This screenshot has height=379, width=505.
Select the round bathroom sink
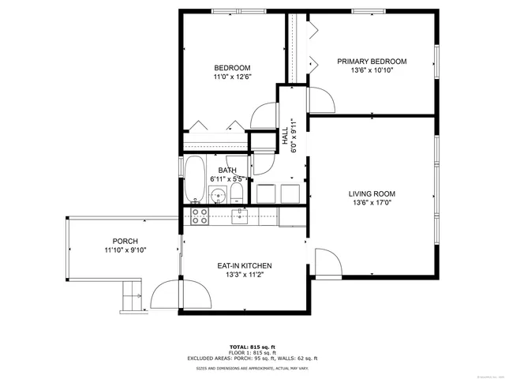click(x=235, y=193)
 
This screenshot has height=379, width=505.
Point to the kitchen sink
click(x=239, y=216)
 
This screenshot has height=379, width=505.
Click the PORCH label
click(x=125, y=242)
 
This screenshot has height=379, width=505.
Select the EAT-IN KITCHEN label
click(x=245, y=265)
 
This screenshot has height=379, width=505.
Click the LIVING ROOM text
click(x=372, y=193)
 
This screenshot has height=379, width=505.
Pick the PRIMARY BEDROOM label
click(x=372, y=62)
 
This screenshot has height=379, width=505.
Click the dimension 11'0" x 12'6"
click(x=232, y=77)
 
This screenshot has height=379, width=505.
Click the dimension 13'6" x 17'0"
click(x=372, y=203)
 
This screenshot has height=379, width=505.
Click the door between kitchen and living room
click(x=326, y=263)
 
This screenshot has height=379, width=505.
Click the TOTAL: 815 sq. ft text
click(x=252, y=347)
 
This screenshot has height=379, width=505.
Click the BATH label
click(x=227, y=171)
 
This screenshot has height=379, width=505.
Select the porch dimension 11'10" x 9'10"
click(x=125, y=250)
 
